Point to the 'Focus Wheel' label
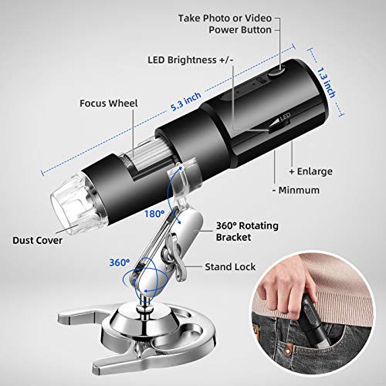click(109, 103)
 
